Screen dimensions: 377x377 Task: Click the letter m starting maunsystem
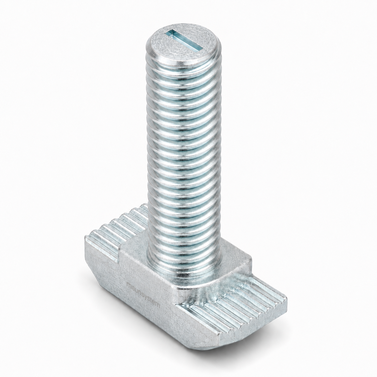pos(129,285)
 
